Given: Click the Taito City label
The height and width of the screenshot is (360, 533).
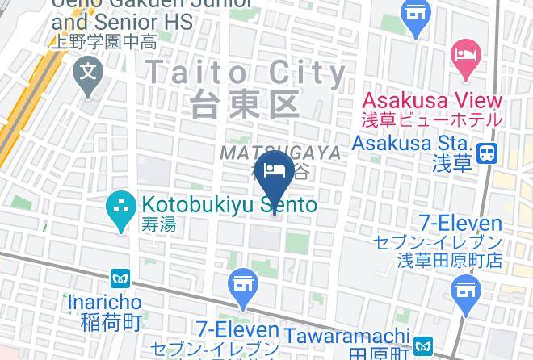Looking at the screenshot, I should tap(246, 73).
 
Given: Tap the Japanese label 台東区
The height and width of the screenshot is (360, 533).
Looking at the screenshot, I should tap(246, 104).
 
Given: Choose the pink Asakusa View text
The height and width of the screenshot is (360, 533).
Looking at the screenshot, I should tap(431, 101).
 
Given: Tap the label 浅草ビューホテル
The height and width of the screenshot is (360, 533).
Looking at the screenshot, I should tap(431, 120).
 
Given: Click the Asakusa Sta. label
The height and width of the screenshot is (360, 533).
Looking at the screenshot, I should tap(411, 144).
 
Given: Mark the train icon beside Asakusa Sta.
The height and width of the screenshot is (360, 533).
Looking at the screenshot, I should tap(487, 153).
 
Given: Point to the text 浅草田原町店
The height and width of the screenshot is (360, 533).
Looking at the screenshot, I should tap(450, 260).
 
